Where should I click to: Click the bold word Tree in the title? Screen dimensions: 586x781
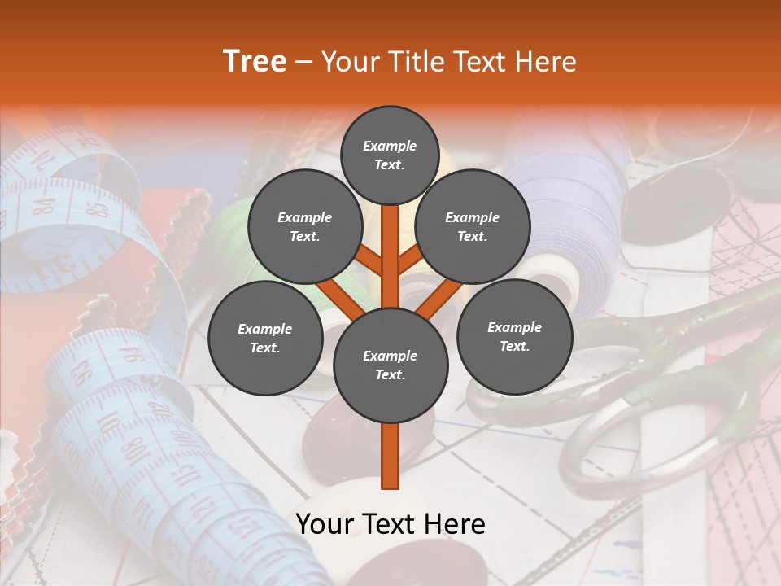255,62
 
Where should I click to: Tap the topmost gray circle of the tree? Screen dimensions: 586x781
390,155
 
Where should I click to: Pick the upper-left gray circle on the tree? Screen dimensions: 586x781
304,226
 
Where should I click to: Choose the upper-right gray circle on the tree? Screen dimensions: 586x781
473,226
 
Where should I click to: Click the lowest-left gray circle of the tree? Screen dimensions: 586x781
265,338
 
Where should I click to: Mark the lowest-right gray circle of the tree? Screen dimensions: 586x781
514,336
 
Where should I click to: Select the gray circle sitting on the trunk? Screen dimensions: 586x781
390,365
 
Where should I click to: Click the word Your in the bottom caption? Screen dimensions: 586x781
324,524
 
